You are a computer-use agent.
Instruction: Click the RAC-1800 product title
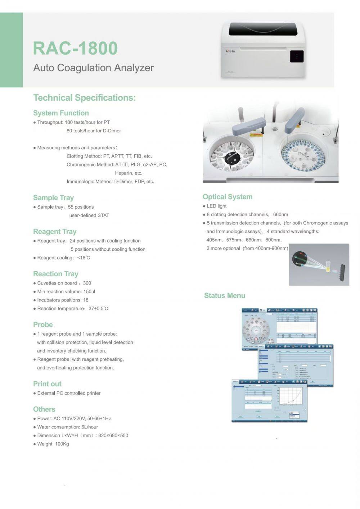[x=75, y=48]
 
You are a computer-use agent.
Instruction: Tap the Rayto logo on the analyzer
[x=230, y=51]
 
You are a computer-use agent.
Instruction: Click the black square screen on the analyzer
[x=297, y=56]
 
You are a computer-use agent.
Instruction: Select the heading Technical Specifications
[x=85, y=98]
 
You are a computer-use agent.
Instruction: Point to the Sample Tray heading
[x=53, y=197]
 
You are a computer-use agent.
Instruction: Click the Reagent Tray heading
[x=55, y=231]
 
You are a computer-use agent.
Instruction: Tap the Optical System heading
[x=228, y=197]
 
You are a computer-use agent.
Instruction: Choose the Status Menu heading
[x=225, y=296]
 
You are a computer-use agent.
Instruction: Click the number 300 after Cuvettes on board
[x=87, y=283]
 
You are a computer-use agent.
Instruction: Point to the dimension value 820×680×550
[x=113, y=435]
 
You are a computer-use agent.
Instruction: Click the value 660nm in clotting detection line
[x=280, y=214]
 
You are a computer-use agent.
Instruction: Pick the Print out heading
[x=47, y=384]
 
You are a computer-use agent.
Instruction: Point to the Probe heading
[x=43, y=324]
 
